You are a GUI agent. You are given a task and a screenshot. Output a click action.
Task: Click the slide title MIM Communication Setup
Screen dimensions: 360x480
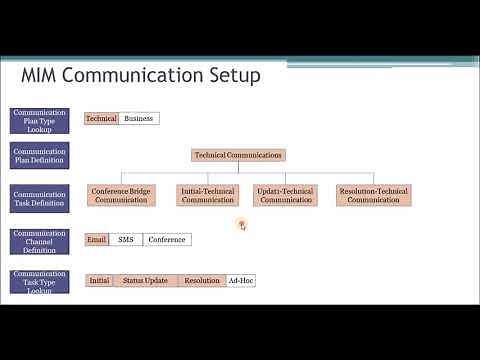click(x=141, y=76)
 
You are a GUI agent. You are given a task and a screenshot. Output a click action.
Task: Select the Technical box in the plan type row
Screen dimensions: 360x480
click(x=101, y=118)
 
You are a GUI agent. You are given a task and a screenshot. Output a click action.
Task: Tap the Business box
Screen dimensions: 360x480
click(x=138, y=118)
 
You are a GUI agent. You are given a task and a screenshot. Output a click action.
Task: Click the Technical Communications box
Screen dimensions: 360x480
click(x=238, y=155)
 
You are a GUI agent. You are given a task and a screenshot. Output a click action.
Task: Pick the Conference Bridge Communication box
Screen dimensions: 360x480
click(x=121, y=195)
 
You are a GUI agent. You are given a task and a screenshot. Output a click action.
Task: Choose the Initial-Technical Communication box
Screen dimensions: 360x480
click(x=208, y=195)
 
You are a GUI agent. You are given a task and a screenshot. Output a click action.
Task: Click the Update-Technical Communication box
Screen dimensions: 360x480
click(x=286, y=195)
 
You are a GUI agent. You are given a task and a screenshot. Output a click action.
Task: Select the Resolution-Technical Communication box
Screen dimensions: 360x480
click(x=373, y=195)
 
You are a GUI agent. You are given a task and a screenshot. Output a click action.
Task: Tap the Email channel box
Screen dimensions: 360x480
click(x=96, y=239)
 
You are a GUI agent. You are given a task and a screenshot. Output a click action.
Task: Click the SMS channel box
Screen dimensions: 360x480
click(x=125, y=239)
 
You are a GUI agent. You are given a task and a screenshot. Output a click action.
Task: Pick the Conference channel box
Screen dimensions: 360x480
click(x=166, y=239)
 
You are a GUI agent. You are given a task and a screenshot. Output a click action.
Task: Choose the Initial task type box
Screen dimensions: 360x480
click(x=98, y=281)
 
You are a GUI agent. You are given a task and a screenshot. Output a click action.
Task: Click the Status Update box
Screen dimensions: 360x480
click(x=145, y=281)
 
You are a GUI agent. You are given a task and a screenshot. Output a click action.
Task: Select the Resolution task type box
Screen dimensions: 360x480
click(x=202, y=281)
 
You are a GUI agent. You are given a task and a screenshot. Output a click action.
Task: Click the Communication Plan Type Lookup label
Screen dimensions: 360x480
click(x=40, y=119)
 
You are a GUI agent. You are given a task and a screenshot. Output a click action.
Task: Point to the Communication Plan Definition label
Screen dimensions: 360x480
click(x=40, y=156)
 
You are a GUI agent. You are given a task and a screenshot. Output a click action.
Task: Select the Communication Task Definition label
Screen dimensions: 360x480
click(x=40, y=197)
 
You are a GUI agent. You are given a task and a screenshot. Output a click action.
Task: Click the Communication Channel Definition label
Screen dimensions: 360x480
click(x=40, y=240)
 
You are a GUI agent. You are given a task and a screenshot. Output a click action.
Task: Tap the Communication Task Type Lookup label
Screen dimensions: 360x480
click(x=40, y=281)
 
